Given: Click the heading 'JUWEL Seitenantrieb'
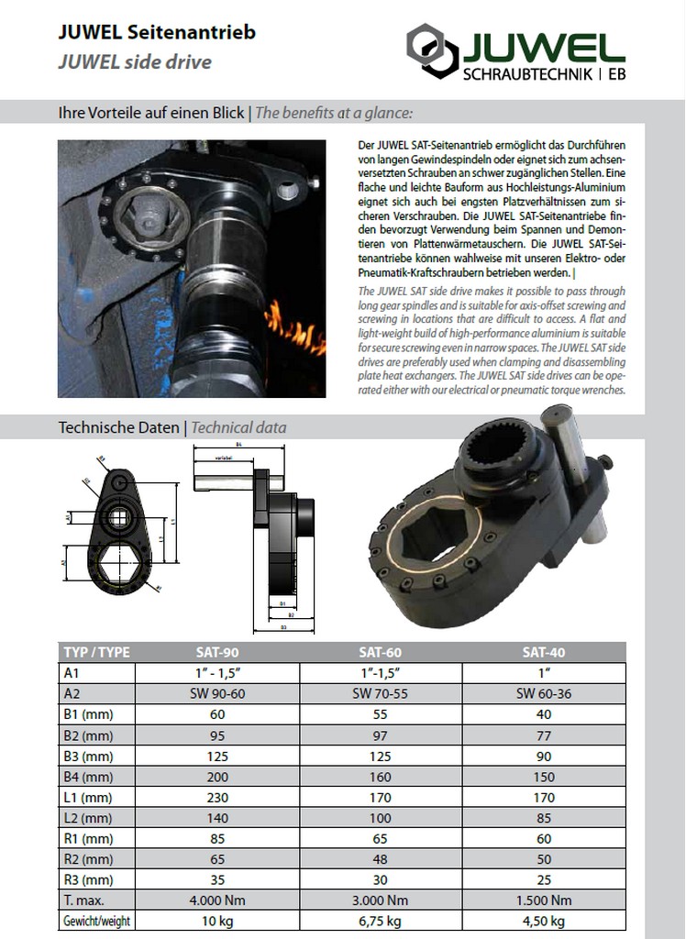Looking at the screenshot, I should click(157, 32).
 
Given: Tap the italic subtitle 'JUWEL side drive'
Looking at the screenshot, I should click(135, 62).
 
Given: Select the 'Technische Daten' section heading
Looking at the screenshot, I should click(119, 427).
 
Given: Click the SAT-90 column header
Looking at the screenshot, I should click(217, 653).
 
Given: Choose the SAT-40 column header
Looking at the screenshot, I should click(544, 653).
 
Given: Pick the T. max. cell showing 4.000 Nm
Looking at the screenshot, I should click(217, 900).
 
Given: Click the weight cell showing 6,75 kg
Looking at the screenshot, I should click(380, 922).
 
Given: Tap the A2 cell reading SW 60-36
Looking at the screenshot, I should click(544, 694).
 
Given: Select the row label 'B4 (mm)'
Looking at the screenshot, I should click(87, 777).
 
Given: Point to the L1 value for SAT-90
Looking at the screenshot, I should click(217, 798).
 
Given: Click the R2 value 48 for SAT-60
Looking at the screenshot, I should click(380, 859).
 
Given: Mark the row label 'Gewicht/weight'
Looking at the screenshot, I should click(95, 922).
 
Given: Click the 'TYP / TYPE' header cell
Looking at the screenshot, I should click(96, 653).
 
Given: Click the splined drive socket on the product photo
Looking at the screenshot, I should click(496, 450).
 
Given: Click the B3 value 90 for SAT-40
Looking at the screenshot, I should click(544, 757).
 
